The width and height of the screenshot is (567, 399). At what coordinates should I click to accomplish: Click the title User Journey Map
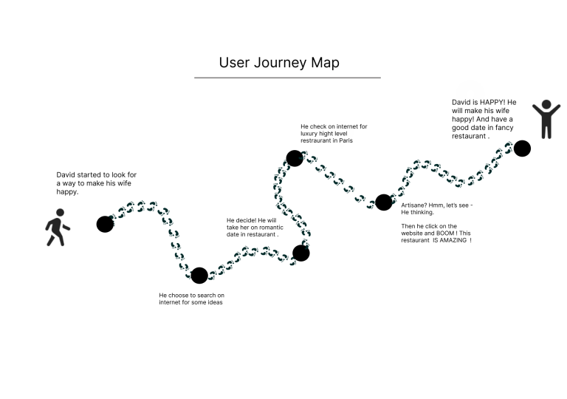pos(279,62)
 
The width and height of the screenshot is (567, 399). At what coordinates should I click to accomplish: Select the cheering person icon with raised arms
pos(546,119)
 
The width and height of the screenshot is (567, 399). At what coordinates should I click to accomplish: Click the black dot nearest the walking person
pos(105,223)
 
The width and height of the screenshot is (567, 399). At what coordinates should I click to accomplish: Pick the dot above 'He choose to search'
pos(199,276)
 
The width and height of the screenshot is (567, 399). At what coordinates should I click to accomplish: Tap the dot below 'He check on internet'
pos(295,157)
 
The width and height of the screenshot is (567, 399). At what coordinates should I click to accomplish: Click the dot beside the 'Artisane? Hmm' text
pos(383,202)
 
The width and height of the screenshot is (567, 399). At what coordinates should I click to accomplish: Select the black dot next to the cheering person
pos(522,149)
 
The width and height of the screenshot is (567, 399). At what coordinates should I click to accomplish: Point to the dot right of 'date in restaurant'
pos(301,253)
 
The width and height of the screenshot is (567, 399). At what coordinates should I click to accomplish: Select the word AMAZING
pos(450,241)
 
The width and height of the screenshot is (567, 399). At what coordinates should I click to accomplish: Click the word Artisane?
pos(414,205)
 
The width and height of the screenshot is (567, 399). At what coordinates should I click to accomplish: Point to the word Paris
pos(346,140)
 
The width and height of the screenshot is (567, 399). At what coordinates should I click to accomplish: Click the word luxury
pos(310,134)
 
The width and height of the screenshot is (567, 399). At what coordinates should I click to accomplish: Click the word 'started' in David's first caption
pos(92,175)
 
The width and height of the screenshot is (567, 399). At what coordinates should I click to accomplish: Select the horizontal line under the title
pos(287,78)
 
